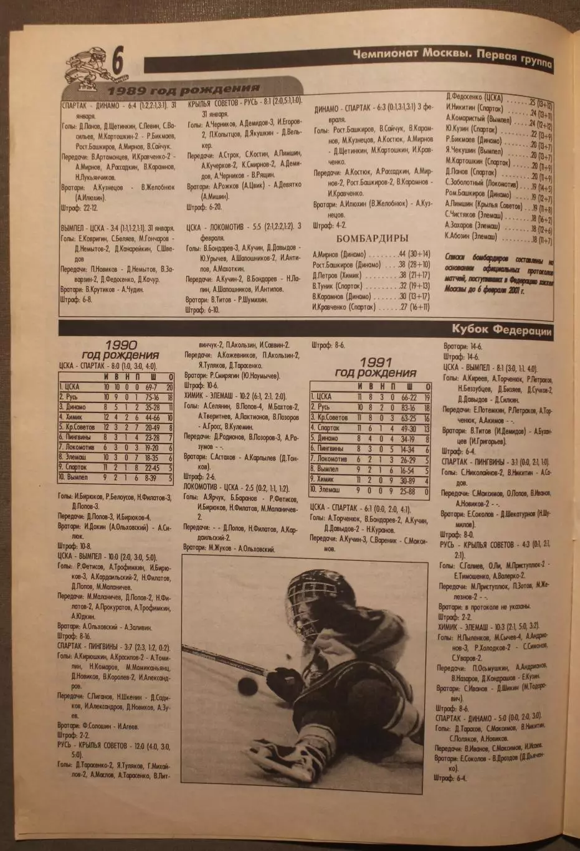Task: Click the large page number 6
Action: [x=117, y=64]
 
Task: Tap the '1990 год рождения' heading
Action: [x=121, y=349]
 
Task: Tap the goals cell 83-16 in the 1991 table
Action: [x=409, y=407]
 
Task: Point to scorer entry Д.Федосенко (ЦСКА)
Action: [x=475, y=98]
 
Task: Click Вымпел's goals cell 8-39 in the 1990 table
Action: [x=150, y=477]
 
